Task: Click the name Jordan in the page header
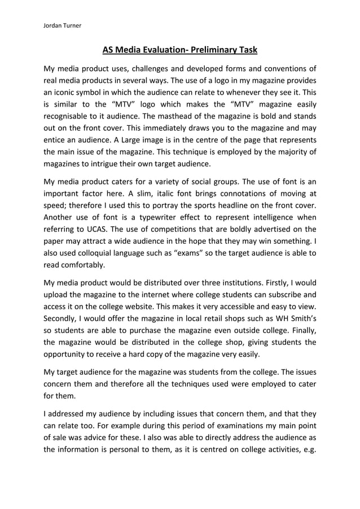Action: (x=54, y=25)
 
